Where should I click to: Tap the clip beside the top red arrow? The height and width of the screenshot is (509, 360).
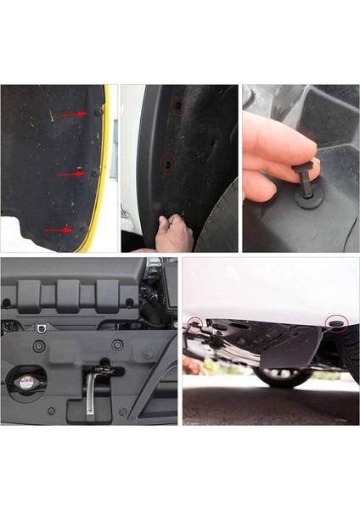[x=98, y=112]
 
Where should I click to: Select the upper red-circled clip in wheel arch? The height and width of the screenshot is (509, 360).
[x=177, y=104]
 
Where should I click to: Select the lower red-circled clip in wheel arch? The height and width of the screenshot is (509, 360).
[x=167, y=160]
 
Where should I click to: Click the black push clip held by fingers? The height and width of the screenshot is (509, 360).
[x=307, y=177]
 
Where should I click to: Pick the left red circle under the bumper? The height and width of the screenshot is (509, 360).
[x=196, y=323]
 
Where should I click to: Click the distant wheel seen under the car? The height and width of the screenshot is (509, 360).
[x=280, y=374]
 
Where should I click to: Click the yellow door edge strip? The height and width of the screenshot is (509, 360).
[x=103, y=187]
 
